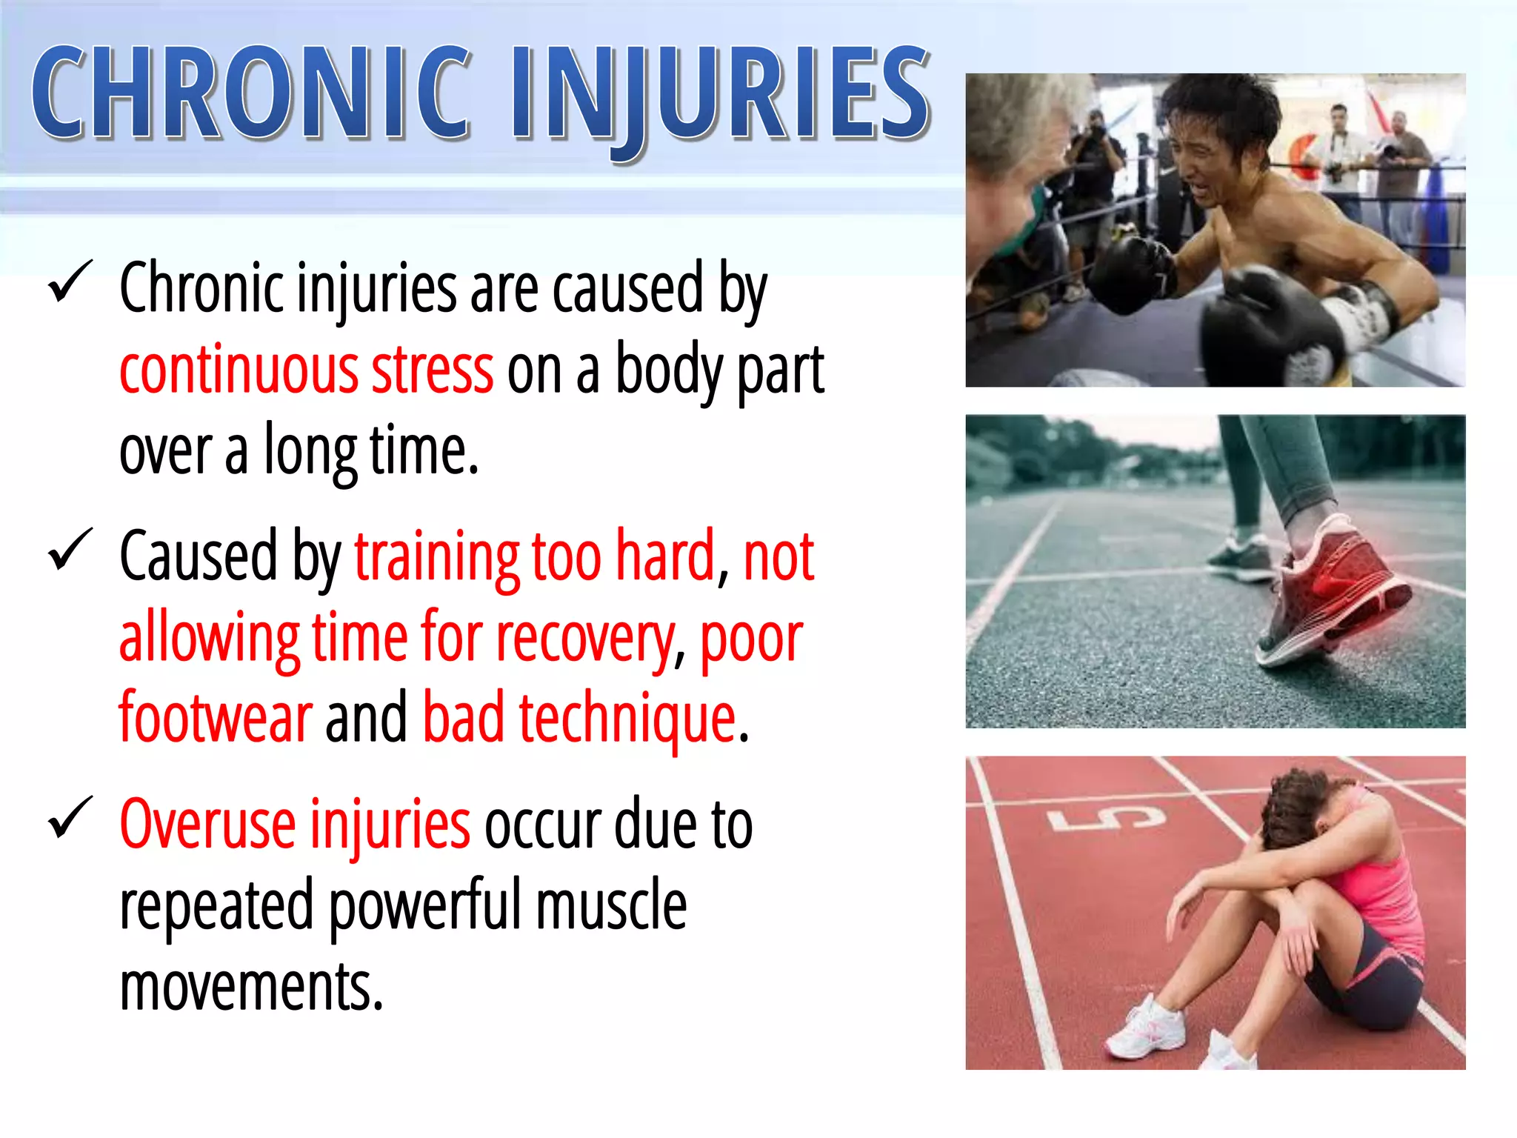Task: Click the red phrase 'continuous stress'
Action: [306, 370]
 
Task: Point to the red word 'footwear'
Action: [216, 717]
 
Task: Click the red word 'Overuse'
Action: [207, 824]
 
